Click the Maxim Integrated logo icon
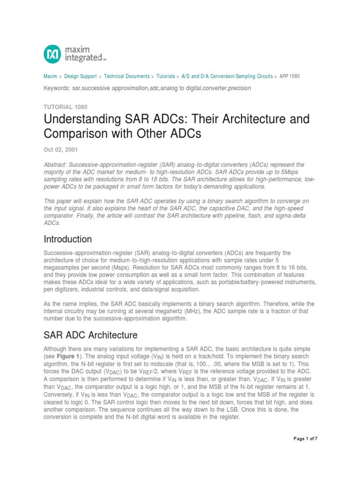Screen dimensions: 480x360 52,54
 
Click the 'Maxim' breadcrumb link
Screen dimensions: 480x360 50,76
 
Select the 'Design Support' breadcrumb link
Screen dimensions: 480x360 81,76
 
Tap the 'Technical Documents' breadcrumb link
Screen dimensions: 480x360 127,76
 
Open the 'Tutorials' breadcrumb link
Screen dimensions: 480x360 165,76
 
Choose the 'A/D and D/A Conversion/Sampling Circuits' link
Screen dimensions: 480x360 227,76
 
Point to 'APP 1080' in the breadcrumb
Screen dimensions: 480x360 289,76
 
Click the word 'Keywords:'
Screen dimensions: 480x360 57,88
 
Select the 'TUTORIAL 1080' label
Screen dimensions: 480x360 65,107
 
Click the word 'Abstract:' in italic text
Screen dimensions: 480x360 56,165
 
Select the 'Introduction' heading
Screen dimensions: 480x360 67,240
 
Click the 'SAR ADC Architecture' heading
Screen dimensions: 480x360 90,335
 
